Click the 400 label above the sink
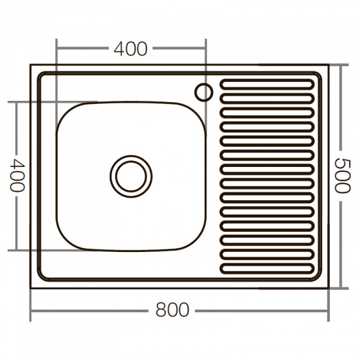[x=131, y=50]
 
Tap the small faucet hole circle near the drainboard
[x=204, y=92]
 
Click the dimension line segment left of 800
[x=92, y=309]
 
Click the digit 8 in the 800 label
[x=160, y=309]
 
